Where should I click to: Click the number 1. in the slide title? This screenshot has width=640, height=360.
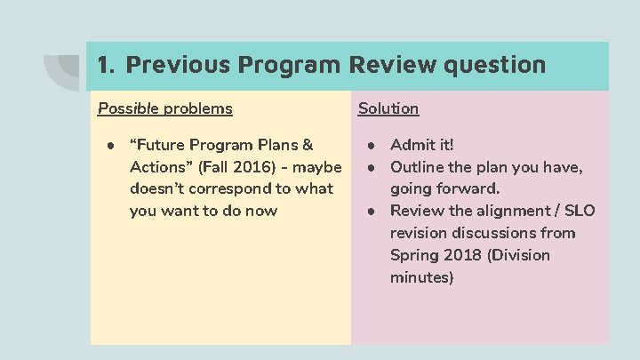tap(106, 65)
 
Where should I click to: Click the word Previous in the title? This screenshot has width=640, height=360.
tap(169, 65)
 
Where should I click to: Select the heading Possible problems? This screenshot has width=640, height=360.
tap(164, 108)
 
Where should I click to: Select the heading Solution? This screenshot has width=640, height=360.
tap(388, 108)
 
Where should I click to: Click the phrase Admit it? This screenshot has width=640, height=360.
tap(422, 144)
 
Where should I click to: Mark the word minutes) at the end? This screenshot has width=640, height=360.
tap(422, 277)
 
